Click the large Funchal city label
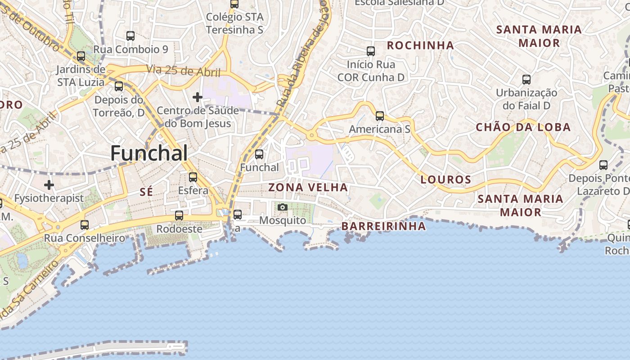[x=149, y=153]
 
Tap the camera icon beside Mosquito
[x=283, y=207]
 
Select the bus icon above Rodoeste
[x=179, y=216]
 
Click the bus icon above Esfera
[x=193, y=177]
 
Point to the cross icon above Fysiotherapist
[x=49, y=184]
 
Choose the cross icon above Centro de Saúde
[x=197, y=97]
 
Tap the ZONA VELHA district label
[x=308, y=187]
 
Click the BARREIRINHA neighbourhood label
[x=383, y=226]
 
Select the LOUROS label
[x=446, y=180]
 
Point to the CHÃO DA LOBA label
[x=523, y=127]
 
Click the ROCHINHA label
[x=420, y=45]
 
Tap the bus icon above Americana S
[x=380, y=116]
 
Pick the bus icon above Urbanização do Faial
[x=526, y=80]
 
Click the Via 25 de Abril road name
[x=183, y=71]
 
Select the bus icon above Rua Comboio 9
[x=130, y=36]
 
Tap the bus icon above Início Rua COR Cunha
[x=371, y=51]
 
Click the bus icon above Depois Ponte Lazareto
[x=603, y=165]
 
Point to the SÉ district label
[x=146, y=192]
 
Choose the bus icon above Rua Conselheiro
[x=85, y=225]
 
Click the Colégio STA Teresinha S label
[x=234, y=23]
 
